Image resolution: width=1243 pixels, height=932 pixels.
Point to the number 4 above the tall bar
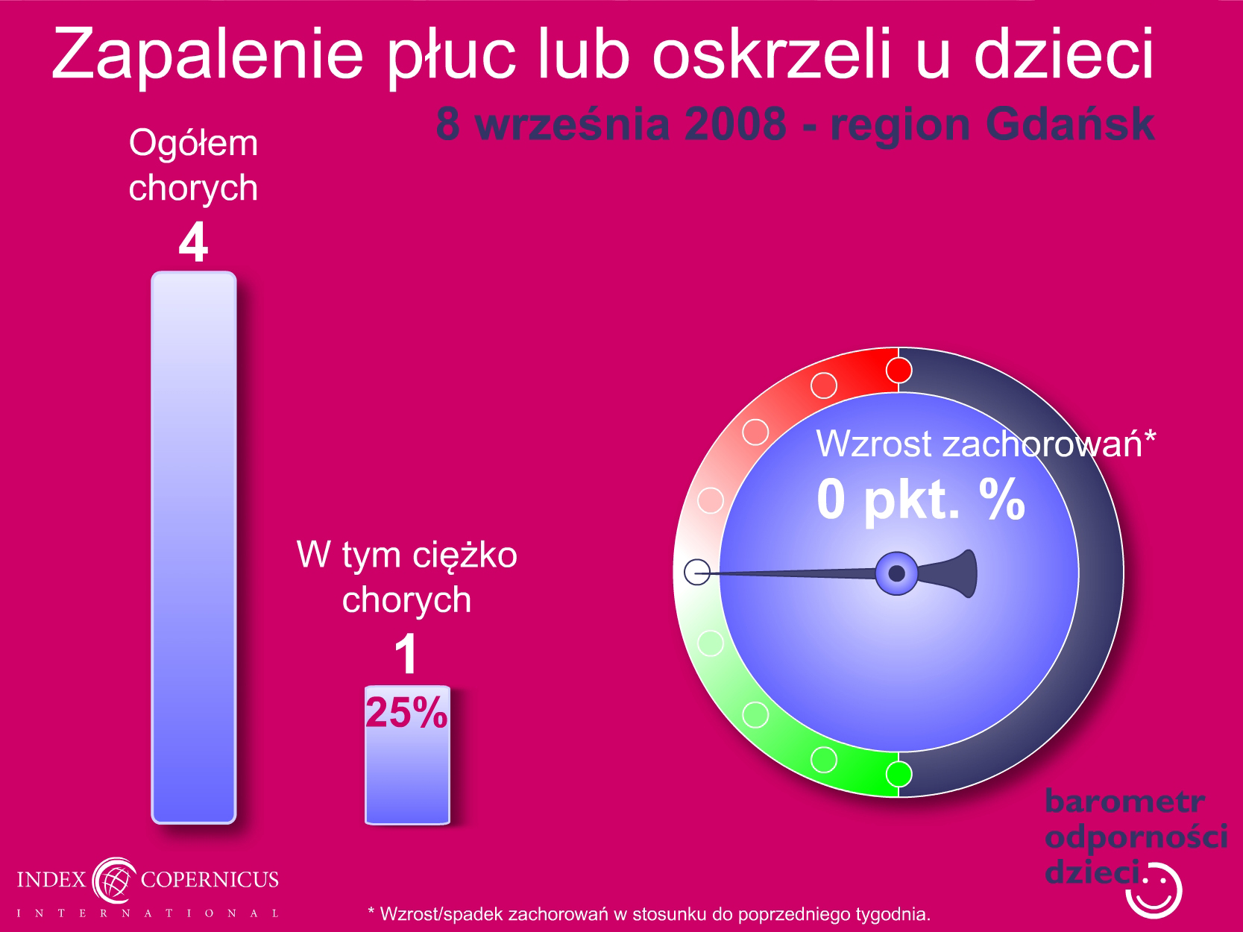[x=193, y=242]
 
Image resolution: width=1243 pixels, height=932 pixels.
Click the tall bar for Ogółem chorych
[x=194, y=547]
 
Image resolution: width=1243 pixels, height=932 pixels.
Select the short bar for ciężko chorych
[x=407, y=755]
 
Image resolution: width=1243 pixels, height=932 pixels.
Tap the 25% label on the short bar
[x=406, y=712]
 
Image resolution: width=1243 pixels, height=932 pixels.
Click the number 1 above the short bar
[x=406, y=654]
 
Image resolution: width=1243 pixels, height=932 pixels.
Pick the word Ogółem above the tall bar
[x=193, y=144]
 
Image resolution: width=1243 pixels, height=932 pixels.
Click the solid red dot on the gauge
[x=899, y=371]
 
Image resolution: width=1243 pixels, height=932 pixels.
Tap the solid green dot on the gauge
[x=899, y=774]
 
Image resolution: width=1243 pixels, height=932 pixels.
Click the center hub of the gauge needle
[x=896, y=573]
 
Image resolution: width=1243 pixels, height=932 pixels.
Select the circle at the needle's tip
[x=697, y=572]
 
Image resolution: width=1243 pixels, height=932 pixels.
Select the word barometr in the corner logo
[x=1124, y=802]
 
